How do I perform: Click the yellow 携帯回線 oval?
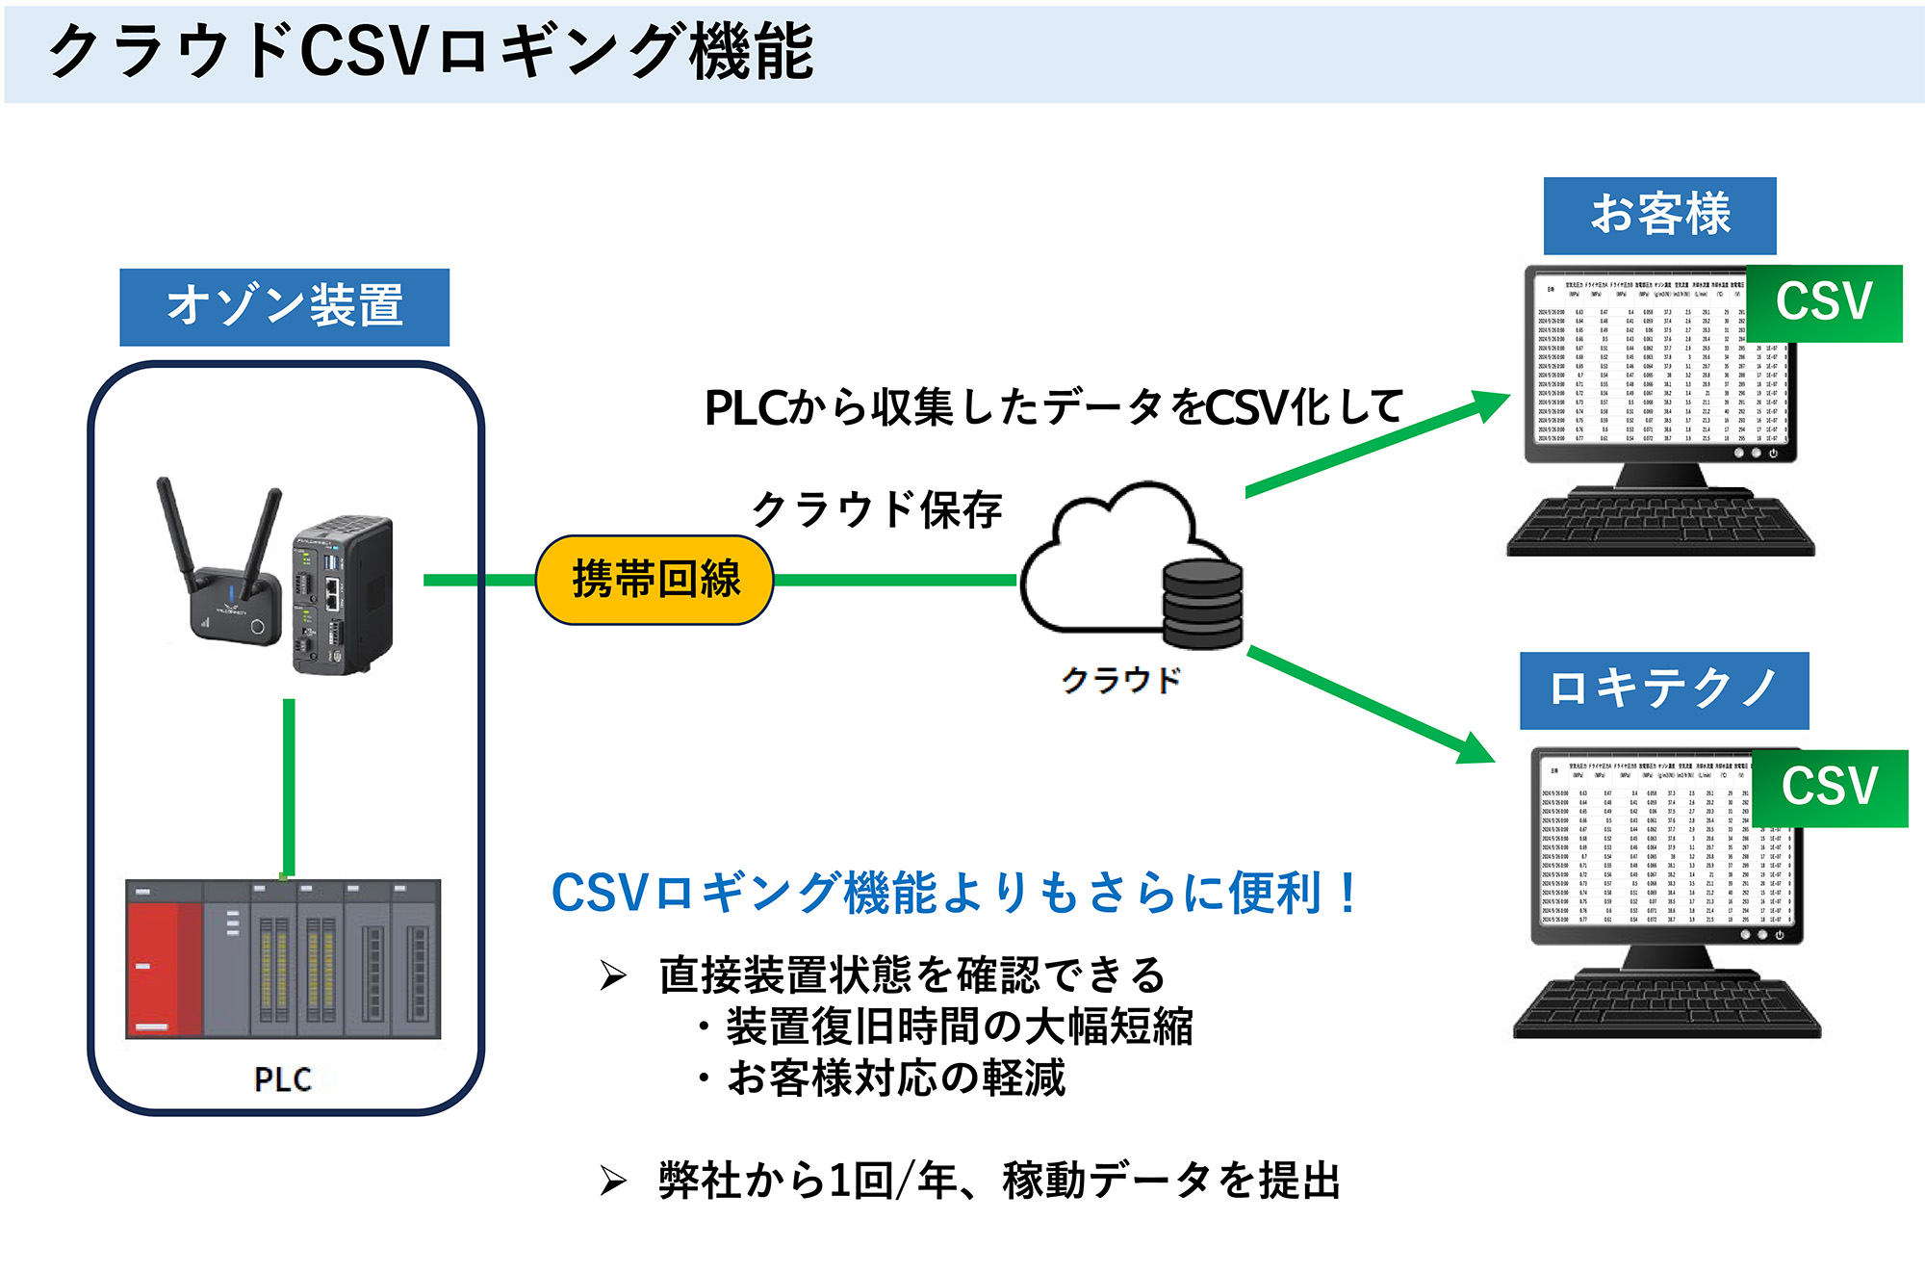[x=654, y=580]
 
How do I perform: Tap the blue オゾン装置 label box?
[x=284, y=306]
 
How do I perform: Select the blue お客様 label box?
[x=1659, y=215]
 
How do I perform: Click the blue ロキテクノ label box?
[x=1663, y=689]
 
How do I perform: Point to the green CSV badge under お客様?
[x=1823, y=302]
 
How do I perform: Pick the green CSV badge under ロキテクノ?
[x=1829, y=787]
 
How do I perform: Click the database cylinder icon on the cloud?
[x=1202, y=603]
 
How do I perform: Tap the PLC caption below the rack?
[x=283, y=1079]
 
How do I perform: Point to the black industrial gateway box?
[x=343, y=595]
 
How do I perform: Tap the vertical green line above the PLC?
[x=289, y=785]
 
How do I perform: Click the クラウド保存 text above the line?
[x=876, y=509]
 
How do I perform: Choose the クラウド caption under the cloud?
[x=1120, y=680]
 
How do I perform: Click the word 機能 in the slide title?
[x=752, y=52]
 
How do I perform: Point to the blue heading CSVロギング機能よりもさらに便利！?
[x=953, y=893]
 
